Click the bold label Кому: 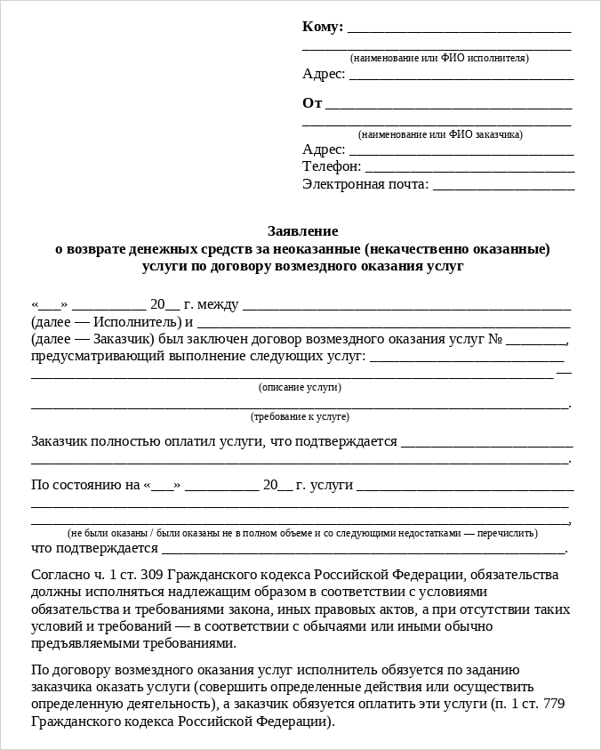coord(323,27)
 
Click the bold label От coord(312,103)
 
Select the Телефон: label coord(332,166)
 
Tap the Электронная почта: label coord(365,184)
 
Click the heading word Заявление coord(302,231)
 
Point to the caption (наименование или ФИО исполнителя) coord(439,58)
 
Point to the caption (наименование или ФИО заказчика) coord(440,134)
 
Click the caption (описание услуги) coord(300,387)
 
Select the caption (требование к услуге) coord(300,416)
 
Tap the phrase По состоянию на coord(85,485)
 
